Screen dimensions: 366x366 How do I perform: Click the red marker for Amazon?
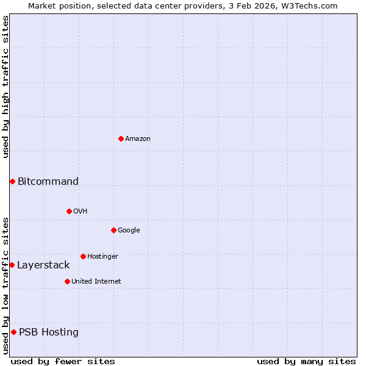[121, 138]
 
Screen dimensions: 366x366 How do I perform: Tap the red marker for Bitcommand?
[12, 181]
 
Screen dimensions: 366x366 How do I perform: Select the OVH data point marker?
[69, 211]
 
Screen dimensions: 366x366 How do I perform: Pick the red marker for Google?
[113, 230]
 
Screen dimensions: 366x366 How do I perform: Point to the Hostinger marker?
[83, 256]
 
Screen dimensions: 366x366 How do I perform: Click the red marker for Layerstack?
[12, 265]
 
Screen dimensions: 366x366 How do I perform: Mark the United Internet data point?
[67, 281]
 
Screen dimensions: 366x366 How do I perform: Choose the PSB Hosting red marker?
[13, 332]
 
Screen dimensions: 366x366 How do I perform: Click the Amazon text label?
[138, 138]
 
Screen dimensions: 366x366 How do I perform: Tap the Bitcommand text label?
[48, 181]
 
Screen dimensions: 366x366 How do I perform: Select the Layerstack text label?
[43, 265]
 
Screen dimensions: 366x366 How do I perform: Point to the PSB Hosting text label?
[49, 332]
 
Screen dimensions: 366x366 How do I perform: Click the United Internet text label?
[96, 281]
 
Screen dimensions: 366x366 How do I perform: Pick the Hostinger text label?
[102, 256]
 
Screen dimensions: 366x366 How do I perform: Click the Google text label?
[129, 230]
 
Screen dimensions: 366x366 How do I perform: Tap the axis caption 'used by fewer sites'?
[63, 361]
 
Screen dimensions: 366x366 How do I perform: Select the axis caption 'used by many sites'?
[306, 361]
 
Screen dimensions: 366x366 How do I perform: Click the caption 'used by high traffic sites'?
[5, 87]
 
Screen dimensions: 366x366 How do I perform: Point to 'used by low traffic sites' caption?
[5, 285]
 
